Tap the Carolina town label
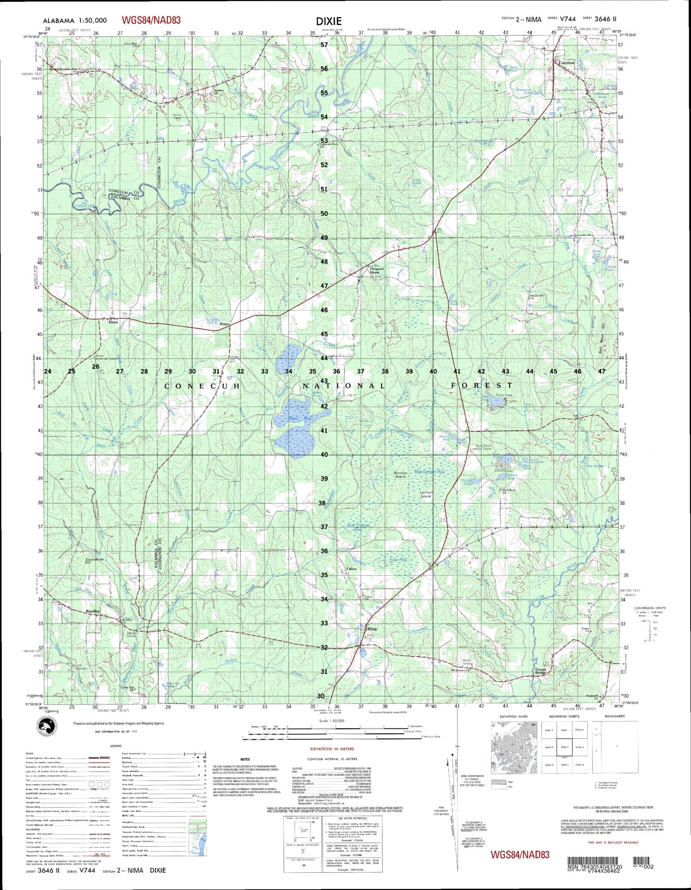click(x=567, y=63)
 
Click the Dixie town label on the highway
click(x=113, y=322)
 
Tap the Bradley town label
click(x=93, y=611)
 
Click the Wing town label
click(x=372, y=629)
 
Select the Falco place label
click(x=351, y=569)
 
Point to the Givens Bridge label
click(x=541, y=671)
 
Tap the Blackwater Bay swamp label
click(x=429, y=472)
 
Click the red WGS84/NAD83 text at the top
click(x=151, y=20)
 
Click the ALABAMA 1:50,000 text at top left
click(x=75, y=20)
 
